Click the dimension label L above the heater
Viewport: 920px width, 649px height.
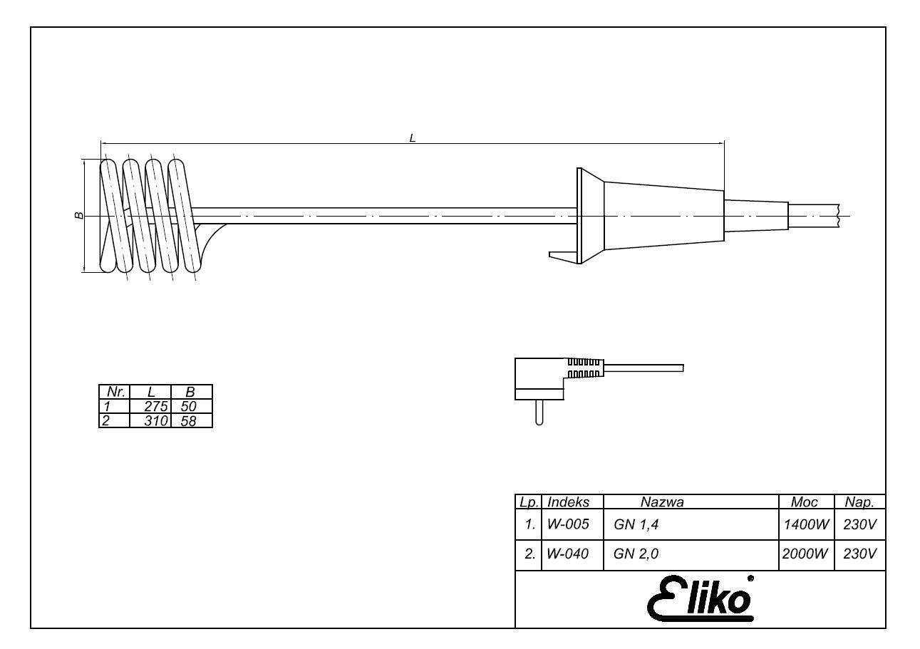tap(413, 138)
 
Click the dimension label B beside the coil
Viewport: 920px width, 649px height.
tap(79, 216)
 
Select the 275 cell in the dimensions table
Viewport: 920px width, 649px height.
tap(155, 406)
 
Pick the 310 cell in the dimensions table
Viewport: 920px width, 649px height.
tap(156, 421)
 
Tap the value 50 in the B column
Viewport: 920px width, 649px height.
tap(189, 406)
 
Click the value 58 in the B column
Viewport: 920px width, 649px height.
tap(189, 421)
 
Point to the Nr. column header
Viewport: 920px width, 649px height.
tap(116, 392)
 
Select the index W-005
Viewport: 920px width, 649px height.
tap(568, 524)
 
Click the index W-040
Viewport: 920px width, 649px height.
tap(568, 554)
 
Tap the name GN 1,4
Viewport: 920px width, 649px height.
tap(636, 524)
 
